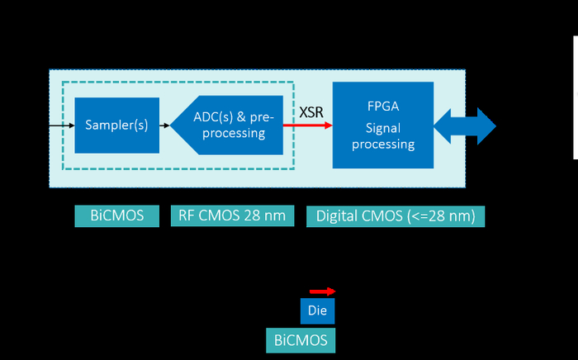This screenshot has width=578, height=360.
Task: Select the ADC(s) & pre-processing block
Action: coord(231,126)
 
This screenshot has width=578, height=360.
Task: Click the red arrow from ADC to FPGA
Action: coord(307,126)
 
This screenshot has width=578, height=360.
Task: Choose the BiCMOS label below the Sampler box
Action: coord(116,216)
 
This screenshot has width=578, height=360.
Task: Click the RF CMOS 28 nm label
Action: coord(232,216)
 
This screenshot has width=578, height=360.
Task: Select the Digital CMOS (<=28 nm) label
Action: coord(396,216)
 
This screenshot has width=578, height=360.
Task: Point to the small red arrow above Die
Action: coord(322,291)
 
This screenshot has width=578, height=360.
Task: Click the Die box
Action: coord(318,312)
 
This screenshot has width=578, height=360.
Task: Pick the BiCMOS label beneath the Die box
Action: coord(301,339)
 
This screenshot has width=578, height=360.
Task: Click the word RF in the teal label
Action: coord(187,216)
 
